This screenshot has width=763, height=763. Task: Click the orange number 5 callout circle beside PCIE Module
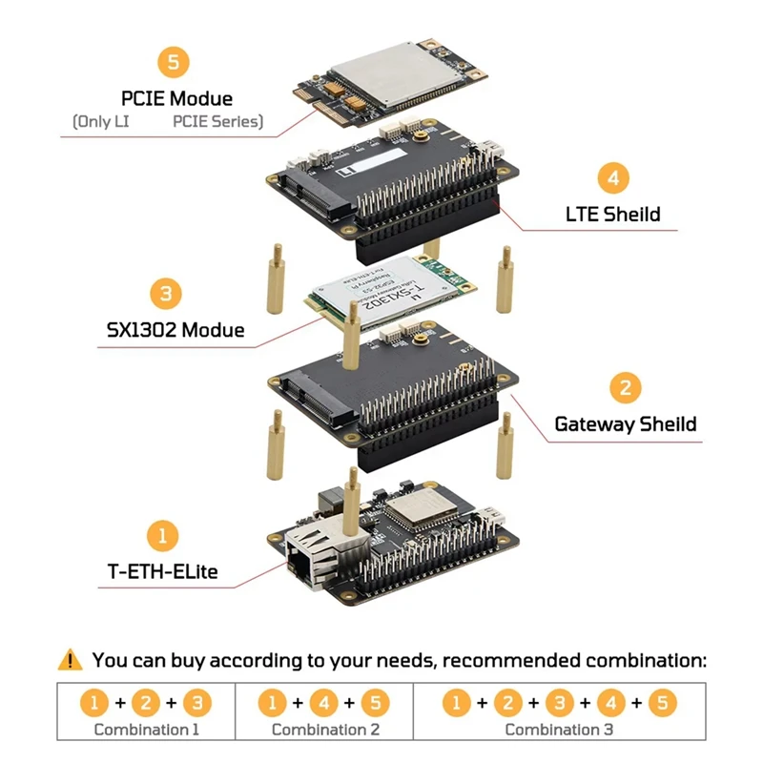tap(173, 63)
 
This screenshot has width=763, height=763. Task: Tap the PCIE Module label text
tap(176, 98)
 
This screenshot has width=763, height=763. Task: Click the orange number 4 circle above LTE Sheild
tap(613, 178)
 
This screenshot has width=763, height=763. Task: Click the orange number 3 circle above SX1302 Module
tap(166, 293)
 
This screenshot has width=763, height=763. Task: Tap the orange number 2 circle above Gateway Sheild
tap(625, 388)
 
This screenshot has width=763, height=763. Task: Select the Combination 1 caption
tap(146, 730)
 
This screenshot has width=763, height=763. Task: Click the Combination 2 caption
tap(325, 730)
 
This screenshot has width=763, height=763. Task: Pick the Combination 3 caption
tap(559, 730)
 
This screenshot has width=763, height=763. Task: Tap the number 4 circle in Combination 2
tap(324, 704)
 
